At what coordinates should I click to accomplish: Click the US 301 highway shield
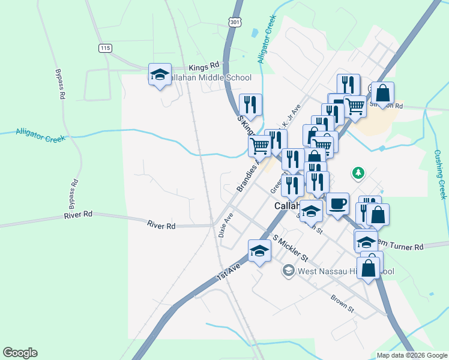coord(235,22)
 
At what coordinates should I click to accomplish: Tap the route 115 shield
coord(106,48)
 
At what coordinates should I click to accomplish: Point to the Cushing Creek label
coord(441,175)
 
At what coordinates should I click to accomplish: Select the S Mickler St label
coord(291,248)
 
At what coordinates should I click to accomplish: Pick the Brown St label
coord(342,301)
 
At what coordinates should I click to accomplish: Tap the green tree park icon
coord(358,173)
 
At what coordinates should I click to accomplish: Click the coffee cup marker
coord(337,204)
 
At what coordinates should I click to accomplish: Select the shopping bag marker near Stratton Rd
coord(382,94)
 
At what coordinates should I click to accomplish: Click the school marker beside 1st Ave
coord(259,251)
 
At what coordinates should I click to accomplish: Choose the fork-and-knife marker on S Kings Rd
coord(250,105)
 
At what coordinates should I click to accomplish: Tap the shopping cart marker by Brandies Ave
coord(260,145)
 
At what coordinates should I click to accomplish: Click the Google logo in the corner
coord(20,353)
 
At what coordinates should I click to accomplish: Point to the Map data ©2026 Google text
coord(411,355)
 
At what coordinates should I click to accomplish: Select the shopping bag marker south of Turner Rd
coord(369,268)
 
